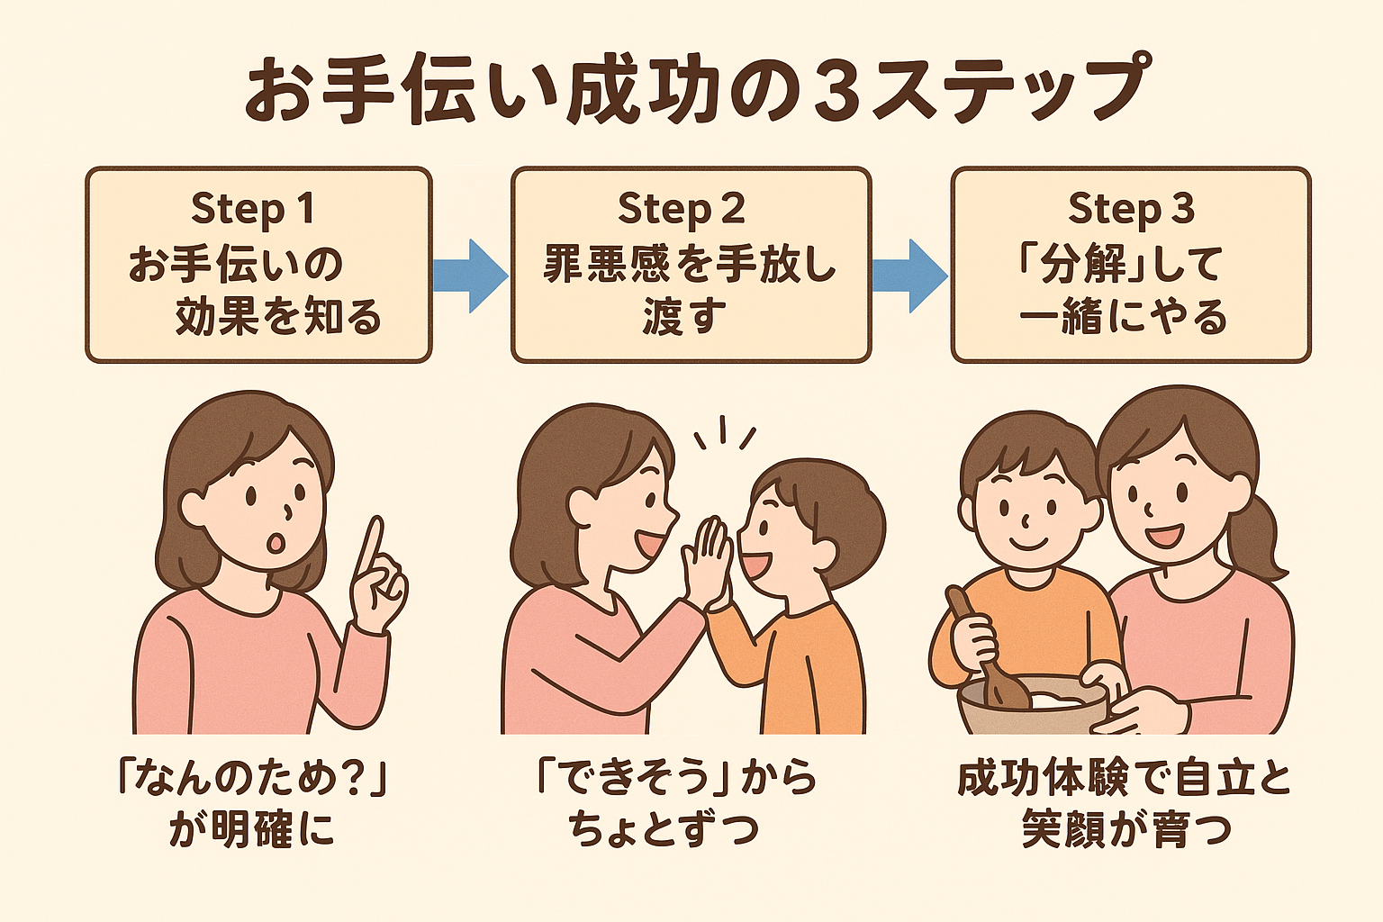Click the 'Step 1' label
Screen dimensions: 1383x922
(x=253, y=209)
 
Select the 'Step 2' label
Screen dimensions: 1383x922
(x=681, y=209)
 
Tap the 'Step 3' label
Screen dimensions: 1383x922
(x=1131, y=209)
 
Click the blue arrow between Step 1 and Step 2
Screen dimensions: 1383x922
(x=471, y=276)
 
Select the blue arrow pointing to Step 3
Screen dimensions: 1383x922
(x=909, y=276)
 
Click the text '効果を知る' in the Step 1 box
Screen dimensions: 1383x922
(x=278, y=317)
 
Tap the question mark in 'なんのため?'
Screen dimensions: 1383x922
(x=353, y=781)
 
